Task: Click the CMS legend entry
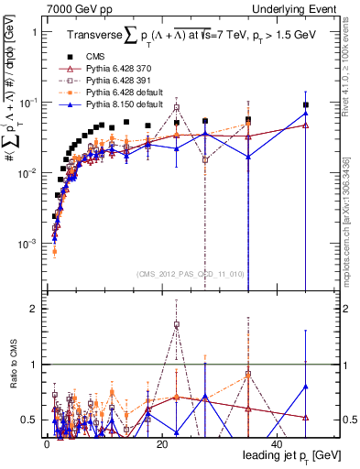click(x=112, y=57)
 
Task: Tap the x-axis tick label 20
click(x=161, y=443)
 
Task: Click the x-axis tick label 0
click(x=46, y=443)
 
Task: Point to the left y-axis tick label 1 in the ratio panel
click(x=37, y=365)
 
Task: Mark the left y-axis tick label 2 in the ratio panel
click(x=37, y=309)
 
